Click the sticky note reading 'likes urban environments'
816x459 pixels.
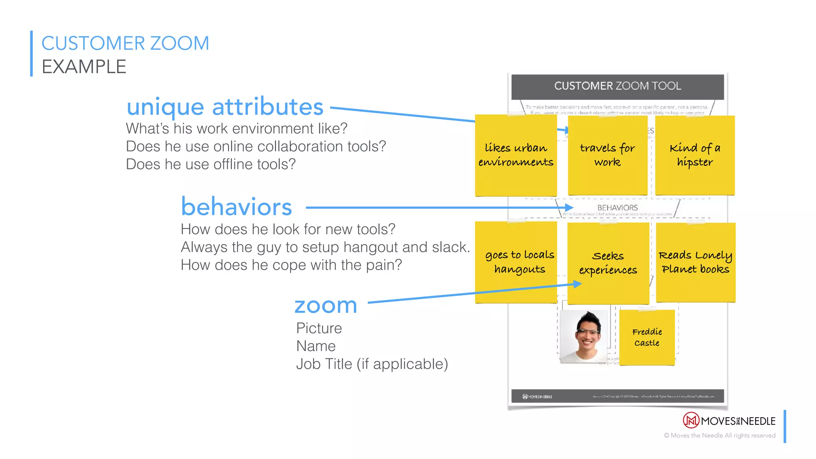pos(516,155)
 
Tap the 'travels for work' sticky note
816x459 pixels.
pos(607,155)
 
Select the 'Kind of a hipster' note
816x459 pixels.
pos(694,155)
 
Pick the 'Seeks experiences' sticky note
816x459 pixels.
pos(608,263)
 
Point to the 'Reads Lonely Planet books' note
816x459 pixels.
pos(695,262)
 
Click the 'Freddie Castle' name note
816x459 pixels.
pos(647,337)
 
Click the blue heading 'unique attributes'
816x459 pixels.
pos(225,107)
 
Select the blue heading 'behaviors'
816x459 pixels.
pos(236,207)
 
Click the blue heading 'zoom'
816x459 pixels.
pos(326,306)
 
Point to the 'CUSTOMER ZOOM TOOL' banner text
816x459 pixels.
pos(617,86)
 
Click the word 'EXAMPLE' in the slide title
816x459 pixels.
pos(84,67)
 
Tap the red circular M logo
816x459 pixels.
pos(691,420)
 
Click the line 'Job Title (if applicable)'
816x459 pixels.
pos(372,364)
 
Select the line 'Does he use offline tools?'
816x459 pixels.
pos(211,164)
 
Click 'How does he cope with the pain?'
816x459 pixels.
pos(291,265)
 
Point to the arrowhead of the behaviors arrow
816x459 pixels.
pos(569,208)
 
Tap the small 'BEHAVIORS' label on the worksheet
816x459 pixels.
pos(617,208)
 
